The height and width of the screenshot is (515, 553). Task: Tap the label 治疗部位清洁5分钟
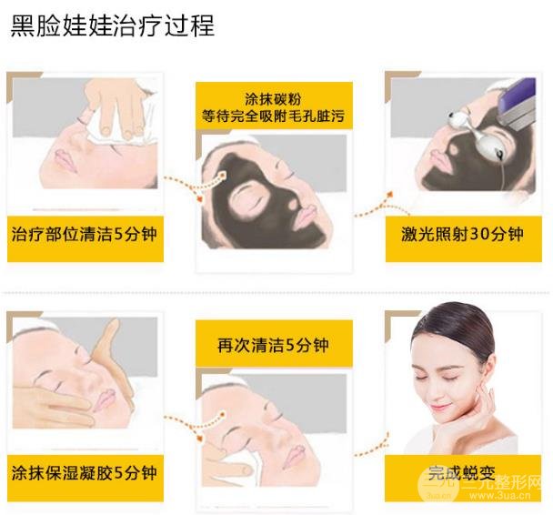click(84, 234)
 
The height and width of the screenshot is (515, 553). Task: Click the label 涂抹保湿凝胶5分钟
click(84, 472)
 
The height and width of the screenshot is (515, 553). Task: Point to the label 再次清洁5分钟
click(272, 346)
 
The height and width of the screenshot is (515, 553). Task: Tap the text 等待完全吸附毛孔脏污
click(272, 116)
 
